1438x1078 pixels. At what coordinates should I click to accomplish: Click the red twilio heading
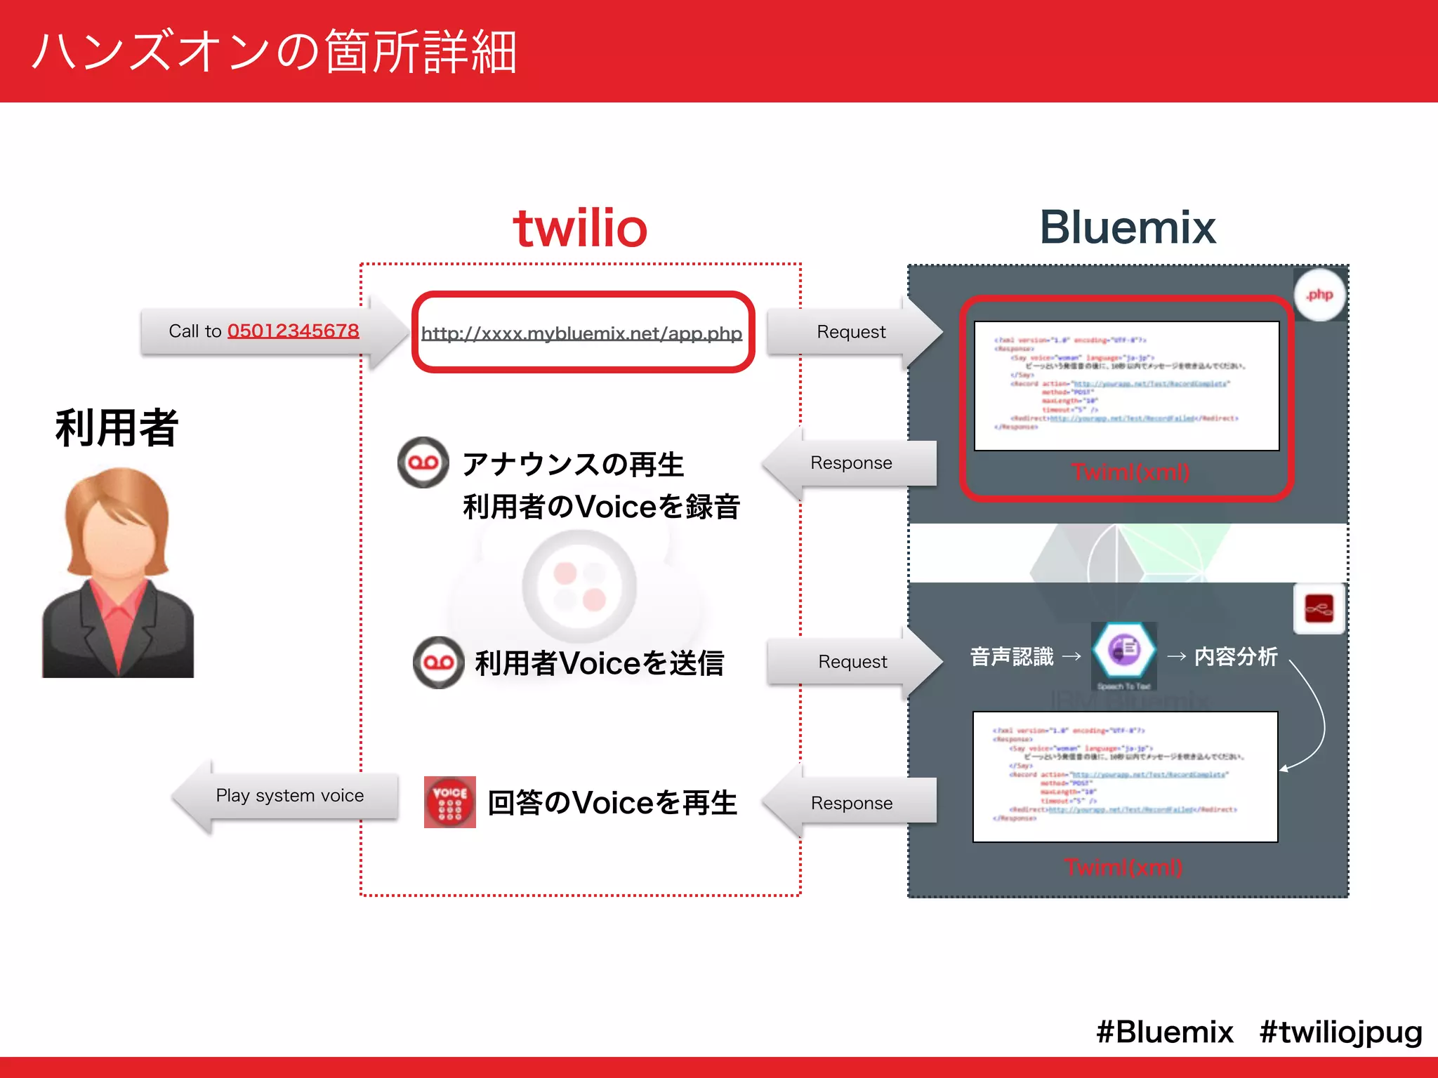pos(580,229)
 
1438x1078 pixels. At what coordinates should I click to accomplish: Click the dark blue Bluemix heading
pos(1128,227)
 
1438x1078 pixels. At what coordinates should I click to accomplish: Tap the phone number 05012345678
pos(293,331)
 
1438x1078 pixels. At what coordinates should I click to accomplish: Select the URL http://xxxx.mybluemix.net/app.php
pos(581,333)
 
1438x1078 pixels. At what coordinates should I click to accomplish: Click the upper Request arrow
pos(851,332)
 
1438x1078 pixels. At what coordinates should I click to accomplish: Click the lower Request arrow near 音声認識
pos(852,662)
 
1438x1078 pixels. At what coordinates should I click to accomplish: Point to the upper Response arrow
pos(851,463)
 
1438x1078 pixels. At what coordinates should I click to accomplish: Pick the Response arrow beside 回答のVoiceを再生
pos(851,803)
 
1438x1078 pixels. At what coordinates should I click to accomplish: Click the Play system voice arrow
pos(289,796)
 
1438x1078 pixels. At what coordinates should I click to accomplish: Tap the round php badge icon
pos(1319,295)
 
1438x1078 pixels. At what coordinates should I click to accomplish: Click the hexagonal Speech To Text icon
pos(1123,649)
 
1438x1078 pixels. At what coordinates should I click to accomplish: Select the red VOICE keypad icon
pos(450,802)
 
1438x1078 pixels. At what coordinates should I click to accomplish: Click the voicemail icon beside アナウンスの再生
pos(423,463)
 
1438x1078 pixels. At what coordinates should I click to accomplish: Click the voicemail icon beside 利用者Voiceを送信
pos(439,663)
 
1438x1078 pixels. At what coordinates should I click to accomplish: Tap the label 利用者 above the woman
pos(117,427)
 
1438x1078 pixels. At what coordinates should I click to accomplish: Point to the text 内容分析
pos(1236,657)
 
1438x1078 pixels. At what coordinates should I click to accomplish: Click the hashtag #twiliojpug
pos(1340,1032)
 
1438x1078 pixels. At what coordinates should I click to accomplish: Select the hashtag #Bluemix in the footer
pos(1164,1032)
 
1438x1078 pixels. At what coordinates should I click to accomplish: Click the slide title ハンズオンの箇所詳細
pos(275,52)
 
